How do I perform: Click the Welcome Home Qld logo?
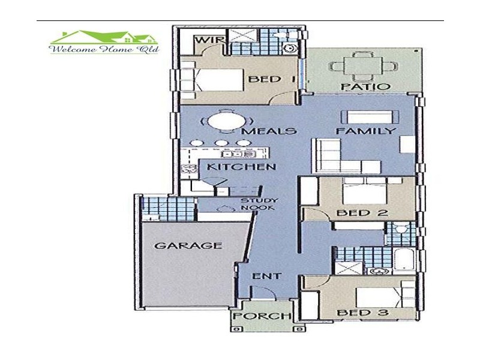[104, 42]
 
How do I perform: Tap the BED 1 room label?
[272, 79]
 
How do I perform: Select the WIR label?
[209, 40]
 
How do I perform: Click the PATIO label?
[366, 86]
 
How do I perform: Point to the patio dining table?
[364, 66]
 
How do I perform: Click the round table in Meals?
[227, 122]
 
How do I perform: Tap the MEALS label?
[269, 131]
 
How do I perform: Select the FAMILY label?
[366, 131]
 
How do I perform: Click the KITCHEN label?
[242, 167]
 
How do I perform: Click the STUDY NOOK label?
[259, 204]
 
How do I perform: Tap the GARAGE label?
[188, 245]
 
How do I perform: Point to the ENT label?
[266, 276]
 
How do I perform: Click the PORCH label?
[262, 316]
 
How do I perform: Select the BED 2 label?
[362, 213]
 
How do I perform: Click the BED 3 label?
[363, 313]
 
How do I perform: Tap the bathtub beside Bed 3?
[404, 260]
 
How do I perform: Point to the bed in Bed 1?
[219, 80]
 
